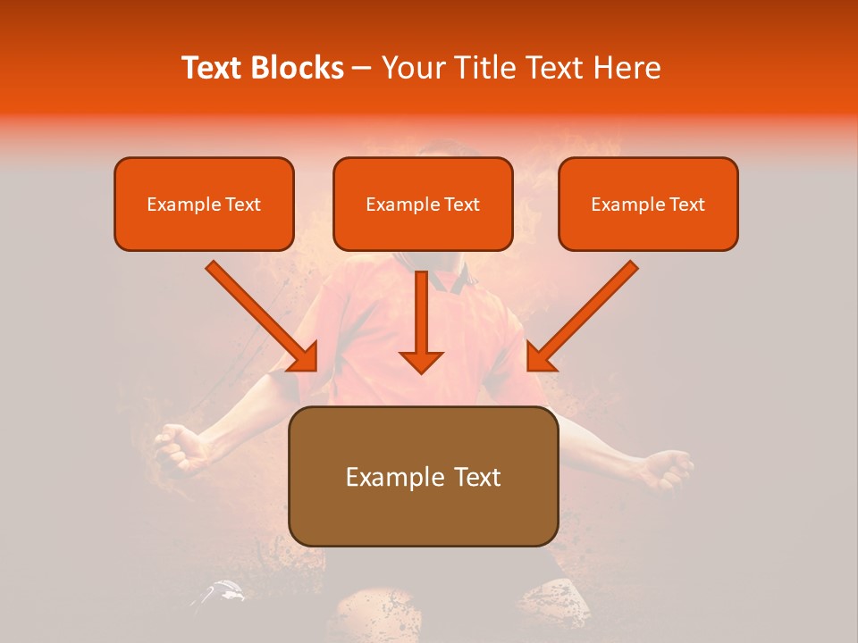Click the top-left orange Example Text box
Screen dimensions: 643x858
[x=204, y=205]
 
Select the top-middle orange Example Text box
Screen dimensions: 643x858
[x=423, y=205]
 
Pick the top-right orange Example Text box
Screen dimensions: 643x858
[x=648, y=205]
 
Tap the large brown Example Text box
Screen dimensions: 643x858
[x=423, y=477]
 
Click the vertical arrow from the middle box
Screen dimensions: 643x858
[x=421, y=317]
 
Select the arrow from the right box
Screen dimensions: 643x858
[x=583, y=316]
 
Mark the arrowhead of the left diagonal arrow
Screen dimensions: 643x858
[x=306, y=359]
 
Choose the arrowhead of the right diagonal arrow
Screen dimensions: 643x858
[x=539, y=359]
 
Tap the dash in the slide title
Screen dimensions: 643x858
[x=362, y=69]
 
